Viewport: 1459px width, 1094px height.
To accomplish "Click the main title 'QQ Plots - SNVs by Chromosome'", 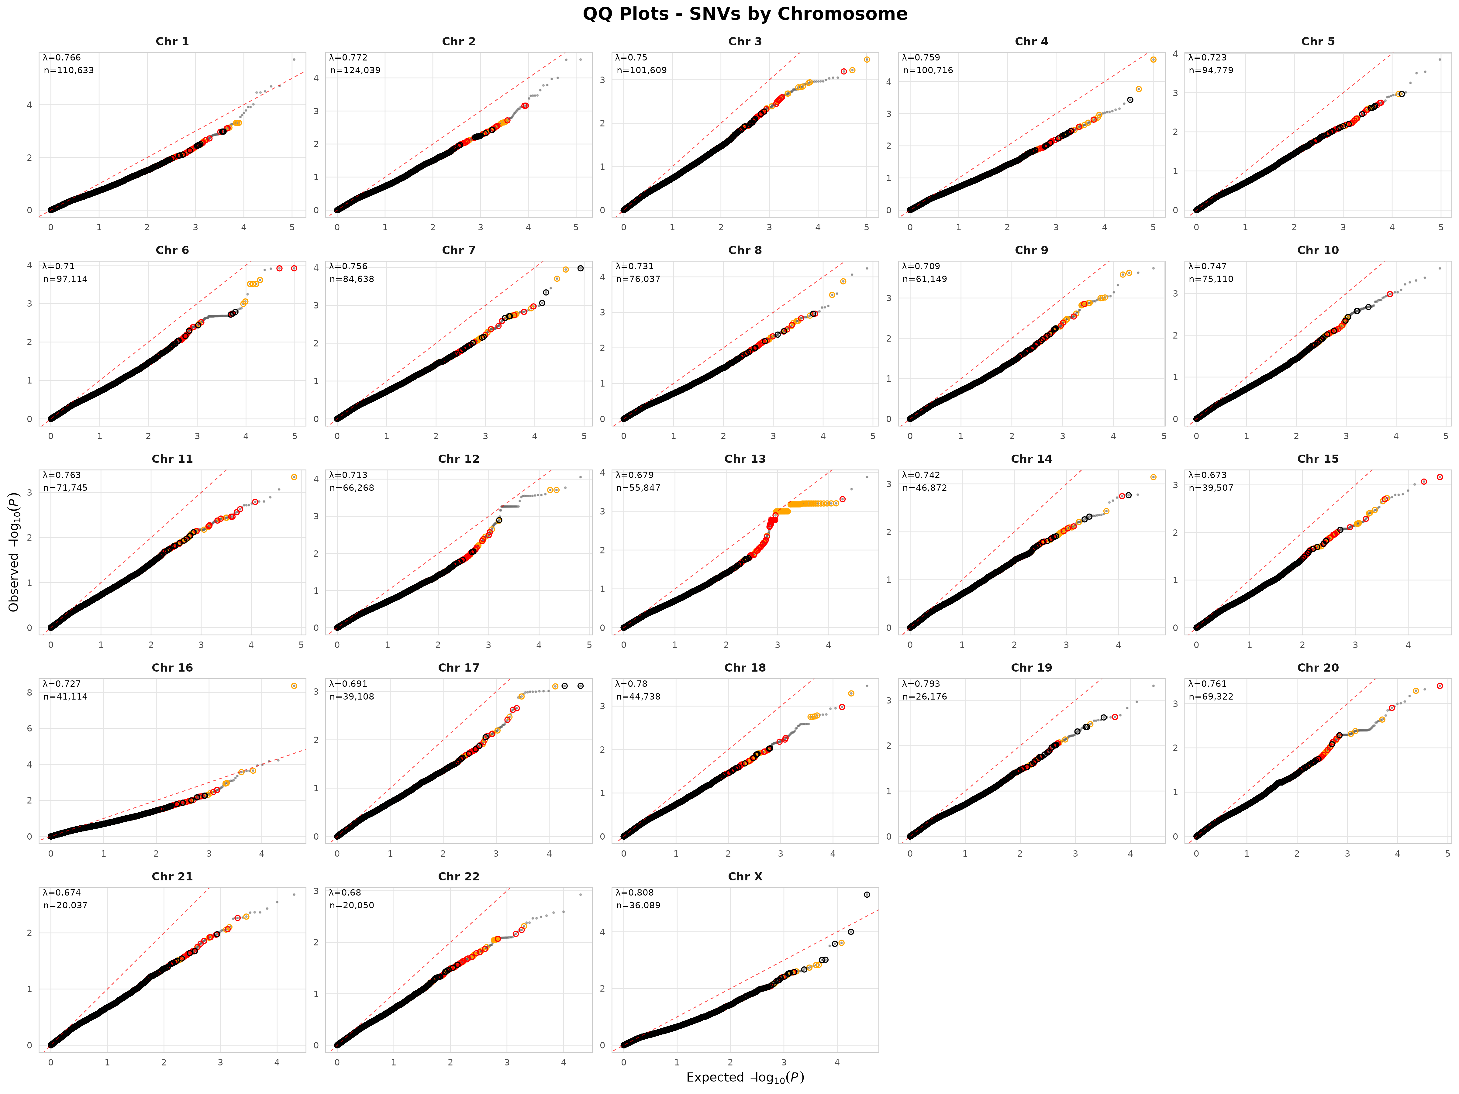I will point(745,14).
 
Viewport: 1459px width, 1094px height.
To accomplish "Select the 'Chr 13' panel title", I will point(745,459).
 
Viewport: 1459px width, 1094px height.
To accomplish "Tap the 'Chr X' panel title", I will point(745,876).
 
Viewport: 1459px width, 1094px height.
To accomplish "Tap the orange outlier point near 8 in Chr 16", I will point(294,686).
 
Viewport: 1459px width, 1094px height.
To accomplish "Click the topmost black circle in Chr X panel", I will point(867,895).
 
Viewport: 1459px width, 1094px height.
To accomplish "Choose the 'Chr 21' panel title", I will point(172,876).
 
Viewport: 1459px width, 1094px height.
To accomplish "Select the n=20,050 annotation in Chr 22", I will point(352,905).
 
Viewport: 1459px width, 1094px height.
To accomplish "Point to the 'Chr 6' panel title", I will point(172,250).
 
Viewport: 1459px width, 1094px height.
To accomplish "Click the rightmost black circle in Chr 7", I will point(581,268).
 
